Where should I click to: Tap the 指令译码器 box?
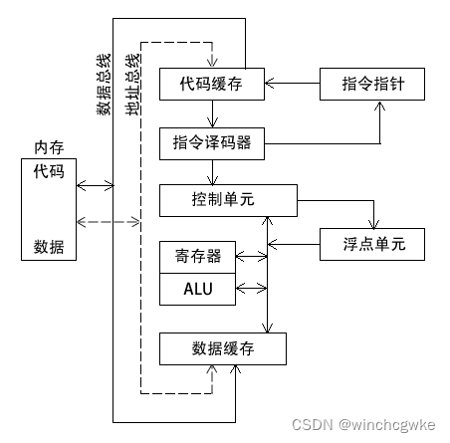(x=212, y=142)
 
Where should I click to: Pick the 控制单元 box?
(x=228, y=199)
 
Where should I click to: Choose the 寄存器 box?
(x=198, y=256)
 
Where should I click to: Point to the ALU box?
(x=198, y=290)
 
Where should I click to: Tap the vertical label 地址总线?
(x=132, y=92)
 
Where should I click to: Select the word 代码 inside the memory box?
(x=49, y=171)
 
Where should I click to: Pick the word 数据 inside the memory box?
(x=49, y=247)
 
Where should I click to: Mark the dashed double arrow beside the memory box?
(x=96, y=220)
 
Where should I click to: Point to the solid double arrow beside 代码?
(x=96, y=185)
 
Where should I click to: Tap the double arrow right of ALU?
(x=252, y=290)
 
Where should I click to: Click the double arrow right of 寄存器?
(x=252, y=256)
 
